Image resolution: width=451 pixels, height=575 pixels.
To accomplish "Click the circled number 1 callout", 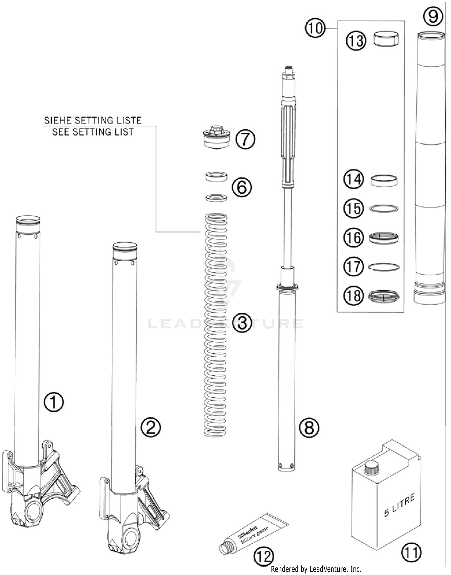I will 54,402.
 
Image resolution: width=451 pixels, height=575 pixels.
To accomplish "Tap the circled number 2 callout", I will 151,428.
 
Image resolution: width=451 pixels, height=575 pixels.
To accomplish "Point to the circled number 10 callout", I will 315,28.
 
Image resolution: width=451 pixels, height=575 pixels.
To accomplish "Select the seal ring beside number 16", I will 384,238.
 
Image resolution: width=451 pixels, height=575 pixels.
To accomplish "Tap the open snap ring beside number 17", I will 384,267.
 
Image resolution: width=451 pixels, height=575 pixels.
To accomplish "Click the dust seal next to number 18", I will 384,296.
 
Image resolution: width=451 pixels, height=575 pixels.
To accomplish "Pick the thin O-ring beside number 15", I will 384,208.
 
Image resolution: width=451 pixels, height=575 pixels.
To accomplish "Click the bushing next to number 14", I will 384,180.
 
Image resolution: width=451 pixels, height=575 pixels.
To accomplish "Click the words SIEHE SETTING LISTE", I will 93,121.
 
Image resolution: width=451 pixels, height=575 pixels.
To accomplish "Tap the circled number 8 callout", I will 309,428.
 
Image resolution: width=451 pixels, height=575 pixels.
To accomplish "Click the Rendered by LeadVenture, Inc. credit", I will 316,569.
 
